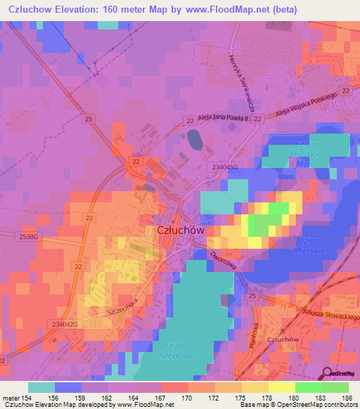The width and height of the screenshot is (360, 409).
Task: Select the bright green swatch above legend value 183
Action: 309,387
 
